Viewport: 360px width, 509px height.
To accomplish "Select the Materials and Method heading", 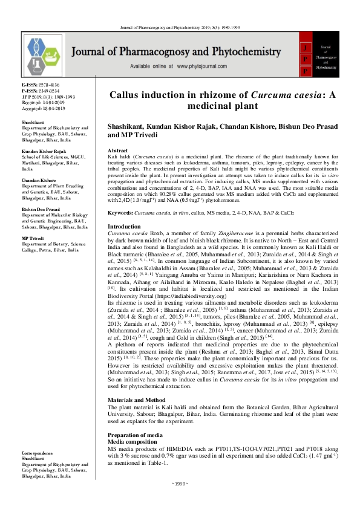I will click(x=138, y=400).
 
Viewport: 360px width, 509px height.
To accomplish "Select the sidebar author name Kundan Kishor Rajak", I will click(x=45, y=151).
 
